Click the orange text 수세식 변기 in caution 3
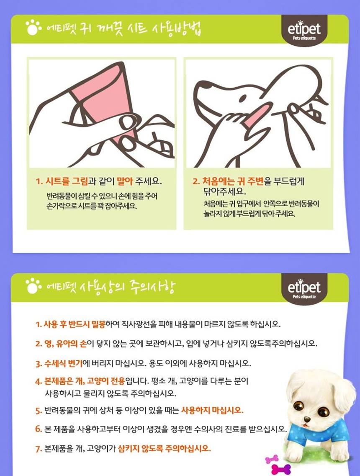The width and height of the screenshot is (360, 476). point(64,363)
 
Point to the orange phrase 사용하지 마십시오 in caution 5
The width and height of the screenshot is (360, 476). point(212,410)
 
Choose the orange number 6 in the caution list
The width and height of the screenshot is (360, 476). point(38,429)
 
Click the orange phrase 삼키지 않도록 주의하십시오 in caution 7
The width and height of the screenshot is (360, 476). point(165,448)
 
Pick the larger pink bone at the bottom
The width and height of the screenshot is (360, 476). point(281,469)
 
